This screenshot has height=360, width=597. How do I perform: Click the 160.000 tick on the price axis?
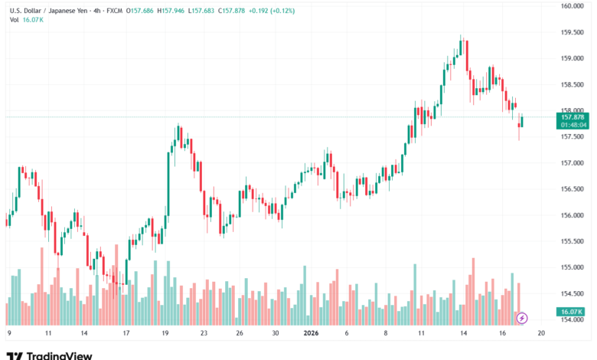tap(573, 6)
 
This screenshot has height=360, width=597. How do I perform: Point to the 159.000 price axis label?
tap(573, 58)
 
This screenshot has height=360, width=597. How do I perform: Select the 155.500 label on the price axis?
tap(573, 241)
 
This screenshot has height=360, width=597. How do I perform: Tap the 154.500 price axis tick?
tap(573, 293)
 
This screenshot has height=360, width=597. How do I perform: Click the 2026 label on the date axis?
tap(311, 333)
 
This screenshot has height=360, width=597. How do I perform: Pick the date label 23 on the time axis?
tap(204, 333)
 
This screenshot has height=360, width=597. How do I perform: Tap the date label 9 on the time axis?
tap(8, 333)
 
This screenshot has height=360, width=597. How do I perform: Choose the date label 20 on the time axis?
tap(540, 333)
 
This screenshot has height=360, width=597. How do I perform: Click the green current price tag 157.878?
tap(573, 116)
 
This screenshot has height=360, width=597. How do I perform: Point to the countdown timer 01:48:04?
tap(573, 124)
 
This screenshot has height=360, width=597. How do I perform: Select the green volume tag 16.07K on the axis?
tap(572, 312)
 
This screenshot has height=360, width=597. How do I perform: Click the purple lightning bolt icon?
tap(523, 317)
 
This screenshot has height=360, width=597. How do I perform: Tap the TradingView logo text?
tap(59, 355)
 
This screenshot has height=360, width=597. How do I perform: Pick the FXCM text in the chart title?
tap(115, 11)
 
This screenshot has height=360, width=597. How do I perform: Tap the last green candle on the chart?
tap(521, 121)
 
